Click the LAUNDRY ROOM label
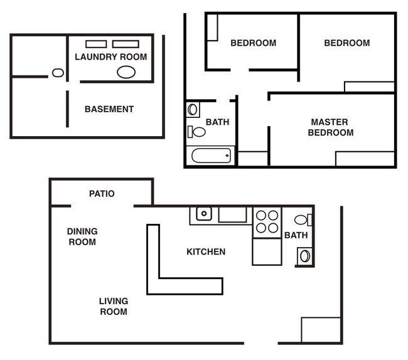(110, 57)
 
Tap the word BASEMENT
(109, 109)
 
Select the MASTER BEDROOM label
(330, 127)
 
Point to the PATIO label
(102, 194)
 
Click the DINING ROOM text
(82, 236)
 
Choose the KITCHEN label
(206, 252)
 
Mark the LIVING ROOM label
(114, 307)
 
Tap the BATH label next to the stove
(296, 236)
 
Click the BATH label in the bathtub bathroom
(217, 122)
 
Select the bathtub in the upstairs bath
(210, 156)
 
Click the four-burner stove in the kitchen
(267, 222)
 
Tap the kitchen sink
(203, 214)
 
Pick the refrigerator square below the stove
(267, 251)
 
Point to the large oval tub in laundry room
(126, 71)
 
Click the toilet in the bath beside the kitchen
(303, 220)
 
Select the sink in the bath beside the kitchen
(304, 256)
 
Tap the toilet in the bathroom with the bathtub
(197, 132)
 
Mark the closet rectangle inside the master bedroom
(365, 159)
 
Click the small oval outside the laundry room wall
(58, 73)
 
